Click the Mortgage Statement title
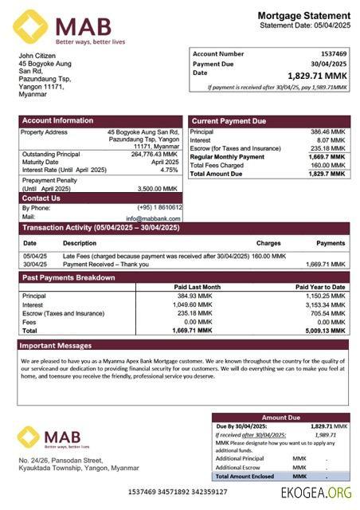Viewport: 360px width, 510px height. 303,16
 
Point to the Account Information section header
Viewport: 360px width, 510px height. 57,121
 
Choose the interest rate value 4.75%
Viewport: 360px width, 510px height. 169,170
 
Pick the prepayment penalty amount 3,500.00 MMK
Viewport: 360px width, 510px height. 158,189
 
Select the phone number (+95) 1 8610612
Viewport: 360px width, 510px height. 159,207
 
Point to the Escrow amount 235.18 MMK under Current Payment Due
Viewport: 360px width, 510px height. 327,148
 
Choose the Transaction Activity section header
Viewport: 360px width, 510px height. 100,228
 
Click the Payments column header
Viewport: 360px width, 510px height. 331,243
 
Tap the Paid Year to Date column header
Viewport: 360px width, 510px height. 320,287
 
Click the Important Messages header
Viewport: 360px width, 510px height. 56,346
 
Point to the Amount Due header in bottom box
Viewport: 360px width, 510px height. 280,417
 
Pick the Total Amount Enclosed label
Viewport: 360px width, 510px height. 245,476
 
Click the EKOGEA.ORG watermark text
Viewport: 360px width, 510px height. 316,493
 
